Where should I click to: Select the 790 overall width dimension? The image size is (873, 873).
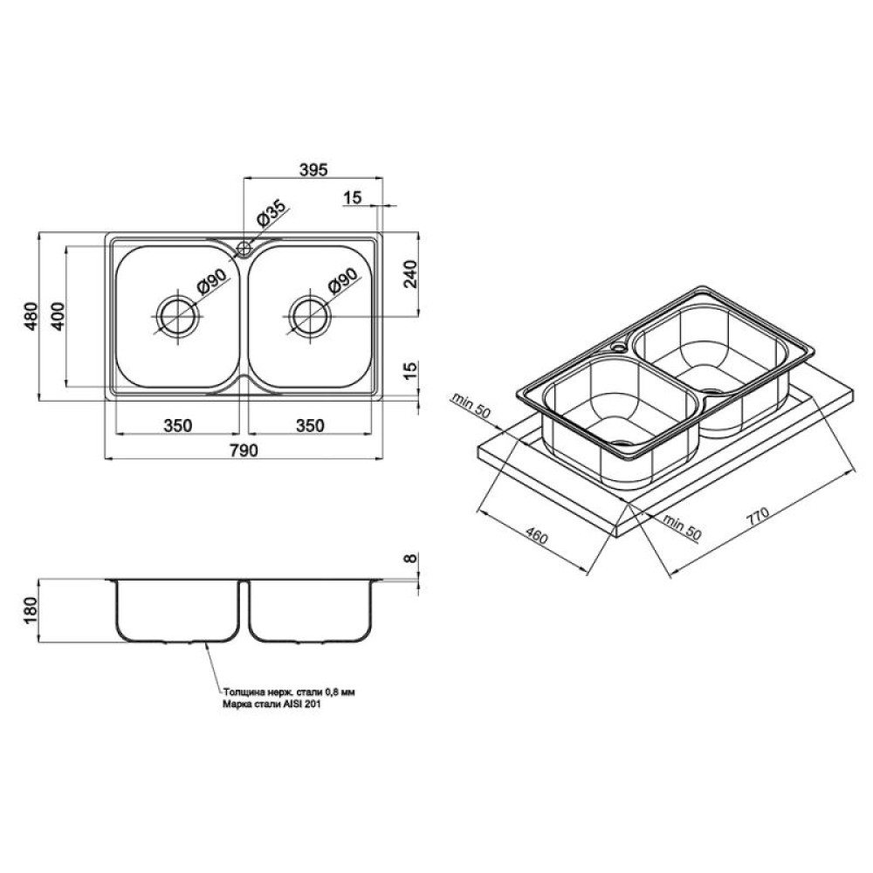(244, 450)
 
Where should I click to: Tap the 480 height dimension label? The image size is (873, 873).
(31, 316)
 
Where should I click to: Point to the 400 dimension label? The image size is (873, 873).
(58, 316)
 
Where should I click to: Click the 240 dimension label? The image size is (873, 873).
(410, 273)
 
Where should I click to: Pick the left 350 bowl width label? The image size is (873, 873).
(177, 425)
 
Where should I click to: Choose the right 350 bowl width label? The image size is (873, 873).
(310, 425)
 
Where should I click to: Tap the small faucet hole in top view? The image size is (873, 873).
(244, 248)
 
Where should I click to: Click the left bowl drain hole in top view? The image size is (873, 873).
(178, 316)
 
